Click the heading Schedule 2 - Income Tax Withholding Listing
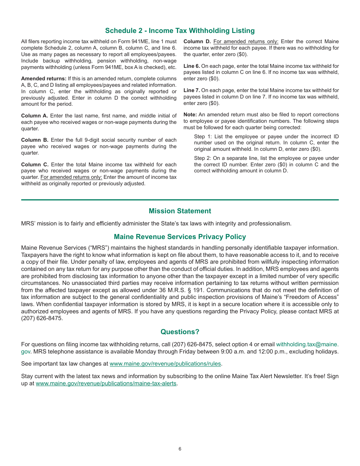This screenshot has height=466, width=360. click(x=180, y=31)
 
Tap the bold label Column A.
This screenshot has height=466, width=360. click(x=34, y=116)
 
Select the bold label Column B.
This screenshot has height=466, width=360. click(x=34, y=140)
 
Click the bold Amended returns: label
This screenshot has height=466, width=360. click(x=44, y=78)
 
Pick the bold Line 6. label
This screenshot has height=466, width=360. click(x=191, y=66)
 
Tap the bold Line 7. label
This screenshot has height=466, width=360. click(x=191, y=91)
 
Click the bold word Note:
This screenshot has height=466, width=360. click(x=190, y=115)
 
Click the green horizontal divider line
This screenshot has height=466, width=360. click(x=180, y=200)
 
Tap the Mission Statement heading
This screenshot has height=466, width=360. click(x=180, y=211)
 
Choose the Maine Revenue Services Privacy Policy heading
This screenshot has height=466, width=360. click(x=180, y=237)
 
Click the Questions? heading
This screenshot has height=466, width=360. click(x=180, y=332)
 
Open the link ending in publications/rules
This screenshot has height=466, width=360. click(x=165, y=364)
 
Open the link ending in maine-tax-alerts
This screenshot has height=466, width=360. click(x=106, y=383)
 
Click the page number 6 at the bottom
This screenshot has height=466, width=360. click(x=180, y=449)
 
